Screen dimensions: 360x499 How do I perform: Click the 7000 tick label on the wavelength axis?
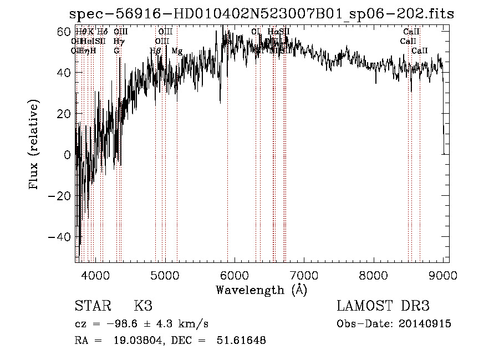pos(303,275)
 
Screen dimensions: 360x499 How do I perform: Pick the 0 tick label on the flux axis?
pos(68,155)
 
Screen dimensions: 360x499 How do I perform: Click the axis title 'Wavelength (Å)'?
pos(261,290)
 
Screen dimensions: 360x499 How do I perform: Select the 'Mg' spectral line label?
pos(177,51)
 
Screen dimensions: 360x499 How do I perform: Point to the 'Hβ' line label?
pos(155,51)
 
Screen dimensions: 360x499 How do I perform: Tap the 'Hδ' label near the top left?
pos(102,32)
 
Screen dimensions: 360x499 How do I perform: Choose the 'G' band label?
pos(116,51)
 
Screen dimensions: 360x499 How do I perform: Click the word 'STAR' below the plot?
pos(92,306)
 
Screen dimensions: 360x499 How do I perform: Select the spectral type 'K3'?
pos(143,306)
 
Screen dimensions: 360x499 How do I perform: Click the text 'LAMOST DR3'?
pos(383,306)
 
